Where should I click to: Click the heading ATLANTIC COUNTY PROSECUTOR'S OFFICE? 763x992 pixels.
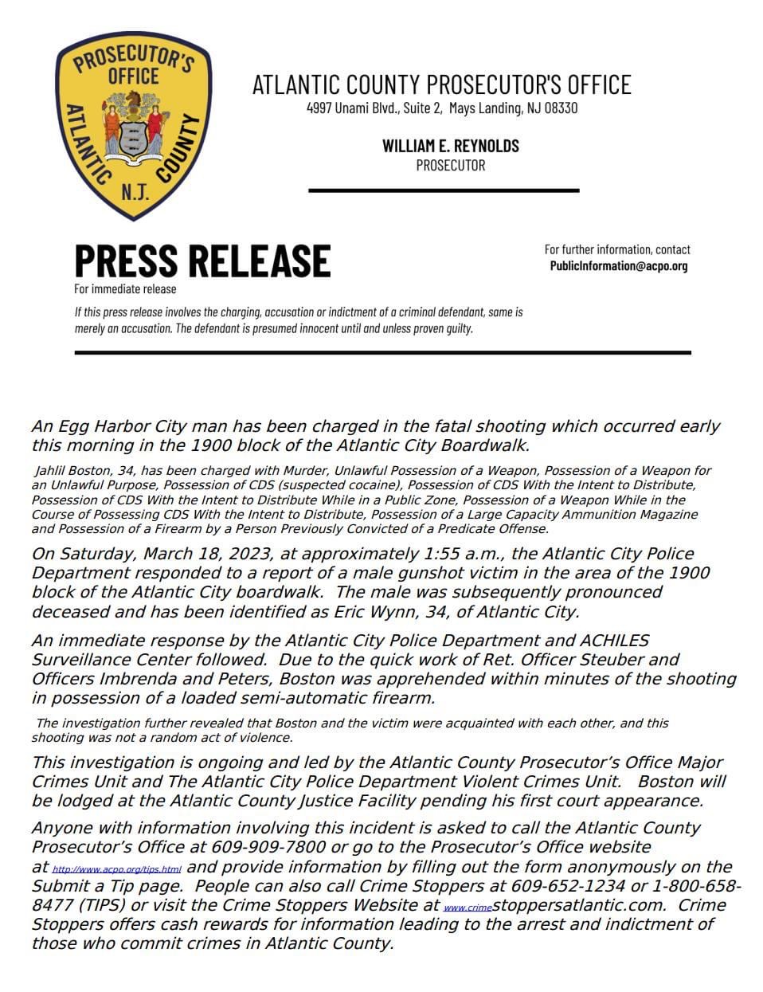pos(441,84)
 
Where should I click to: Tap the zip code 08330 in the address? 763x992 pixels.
pos(561,108)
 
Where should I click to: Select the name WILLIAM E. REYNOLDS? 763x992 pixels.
pos(450,146)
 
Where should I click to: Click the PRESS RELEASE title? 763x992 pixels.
pos(202,261)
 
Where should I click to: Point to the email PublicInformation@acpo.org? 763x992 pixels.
pos(618,266)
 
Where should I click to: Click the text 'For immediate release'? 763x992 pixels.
pos(125,288)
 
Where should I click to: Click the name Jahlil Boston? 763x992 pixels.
pos(71,471)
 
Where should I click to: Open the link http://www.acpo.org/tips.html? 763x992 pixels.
pos(116,868)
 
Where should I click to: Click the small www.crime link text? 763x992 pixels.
pos(468,908)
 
